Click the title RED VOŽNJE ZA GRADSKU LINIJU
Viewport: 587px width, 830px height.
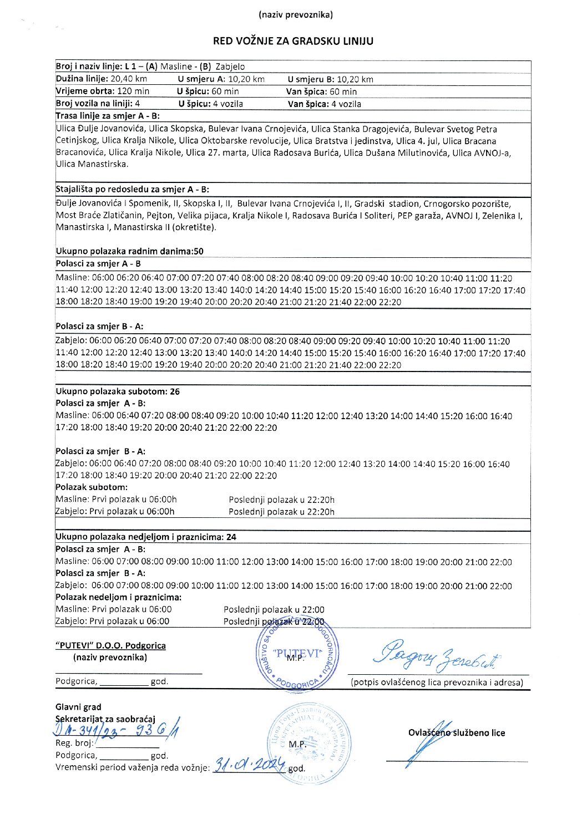click(x=293, y=41)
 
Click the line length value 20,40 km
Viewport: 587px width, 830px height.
click(x=129, y=79)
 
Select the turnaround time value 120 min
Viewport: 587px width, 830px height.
click(x=134, y=91)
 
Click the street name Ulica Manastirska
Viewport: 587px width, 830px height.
click(x=92, y=164)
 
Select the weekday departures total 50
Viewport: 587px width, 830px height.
click(x=199, y=251)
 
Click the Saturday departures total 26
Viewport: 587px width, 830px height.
click(x=175, y=391)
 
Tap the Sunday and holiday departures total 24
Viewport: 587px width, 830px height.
click(x=231, y=537)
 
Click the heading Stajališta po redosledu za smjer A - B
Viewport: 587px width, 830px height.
click(x=132, y=190)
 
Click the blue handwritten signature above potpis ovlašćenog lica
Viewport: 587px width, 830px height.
click(x=437, y=656)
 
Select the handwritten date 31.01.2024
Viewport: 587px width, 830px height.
click(x=249, y=765)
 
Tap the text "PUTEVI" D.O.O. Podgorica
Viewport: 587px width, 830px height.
click(x=110, y=645)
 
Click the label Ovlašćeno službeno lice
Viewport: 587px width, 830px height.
click(x=457, y=733)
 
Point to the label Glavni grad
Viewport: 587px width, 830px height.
click(x=78, y=707)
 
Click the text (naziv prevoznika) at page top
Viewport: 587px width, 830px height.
click(x=296, y=15)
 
